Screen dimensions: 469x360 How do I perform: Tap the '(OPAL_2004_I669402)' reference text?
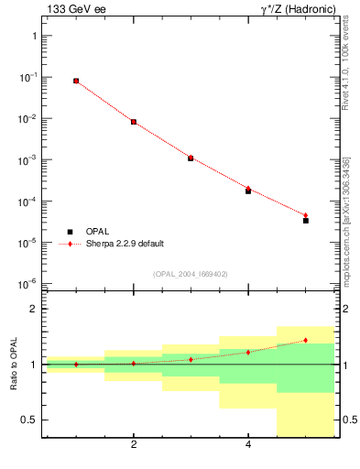click(x=190, y=272)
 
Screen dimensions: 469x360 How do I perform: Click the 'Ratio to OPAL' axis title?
click(x=15, y=365)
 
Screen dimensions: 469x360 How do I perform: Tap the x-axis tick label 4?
click(x=248, y=445)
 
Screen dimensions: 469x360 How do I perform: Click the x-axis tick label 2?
click(x=134, y=445)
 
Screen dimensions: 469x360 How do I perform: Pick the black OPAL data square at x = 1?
click(x=76, y=81)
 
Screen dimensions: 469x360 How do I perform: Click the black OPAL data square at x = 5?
click(x=306, y=221)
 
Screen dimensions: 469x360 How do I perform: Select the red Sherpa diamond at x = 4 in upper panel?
click(x=248, y=189)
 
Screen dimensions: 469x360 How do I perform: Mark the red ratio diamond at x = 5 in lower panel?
click(x=306, y=340)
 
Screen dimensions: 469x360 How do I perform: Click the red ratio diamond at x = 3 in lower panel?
click(x=191, y=359)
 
